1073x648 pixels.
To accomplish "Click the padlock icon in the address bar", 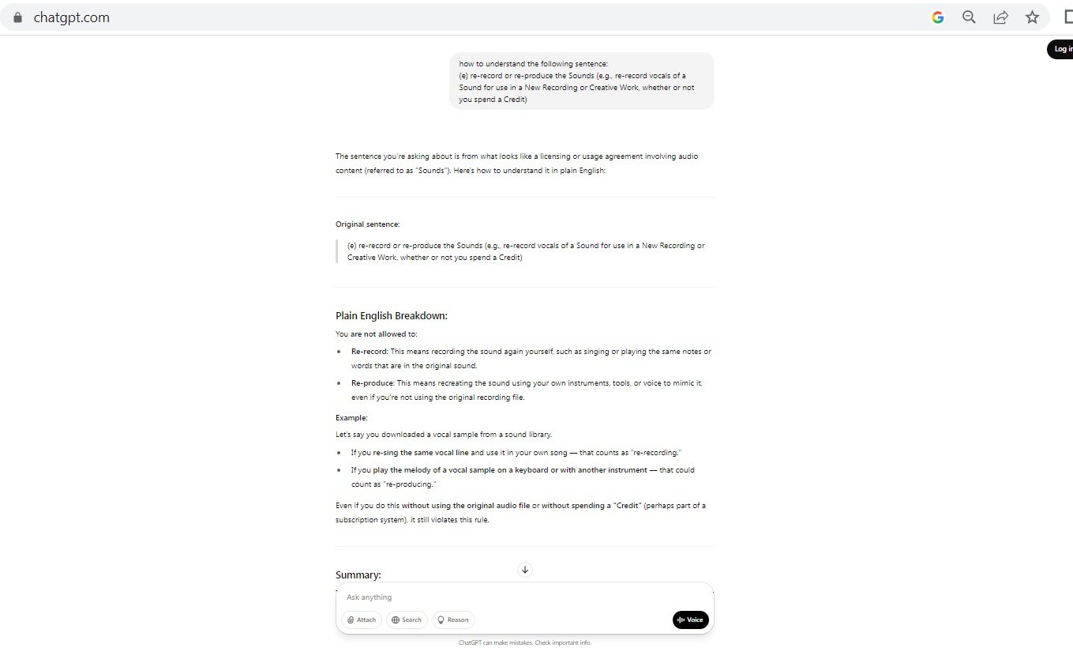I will [x=18, y=17].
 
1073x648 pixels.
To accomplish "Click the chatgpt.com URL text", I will [x=71, y=17].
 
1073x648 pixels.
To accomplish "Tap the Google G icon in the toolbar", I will [x=938, y=17].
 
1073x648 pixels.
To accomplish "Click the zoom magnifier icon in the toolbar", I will [x=969, y=17].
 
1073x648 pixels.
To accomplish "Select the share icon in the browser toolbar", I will [x=1000, y=17].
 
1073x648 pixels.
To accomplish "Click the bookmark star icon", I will [x=1032, y=17].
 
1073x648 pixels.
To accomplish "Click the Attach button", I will [x=362, y=620].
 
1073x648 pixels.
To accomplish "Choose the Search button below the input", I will [x=407, y=620].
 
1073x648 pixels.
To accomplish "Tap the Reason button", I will [x=453, y=620].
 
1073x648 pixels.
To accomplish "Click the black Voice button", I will [x=690, y=620].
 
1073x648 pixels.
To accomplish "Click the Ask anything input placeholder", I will [x=370, y=597].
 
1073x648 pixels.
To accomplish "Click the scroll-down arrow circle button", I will [x=525, y=570].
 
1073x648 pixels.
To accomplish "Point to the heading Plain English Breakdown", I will [x=392, y=316].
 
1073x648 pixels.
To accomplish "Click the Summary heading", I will [x=358, y=575].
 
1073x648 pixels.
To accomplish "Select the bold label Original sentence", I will [x=368, y=224].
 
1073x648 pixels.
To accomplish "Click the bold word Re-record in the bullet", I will [x=370, y=352].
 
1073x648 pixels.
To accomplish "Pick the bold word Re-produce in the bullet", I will [x=373, y=383].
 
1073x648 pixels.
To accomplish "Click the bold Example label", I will [x=351, y=417].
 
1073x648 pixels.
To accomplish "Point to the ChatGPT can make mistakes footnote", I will [x=524, y=642].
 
